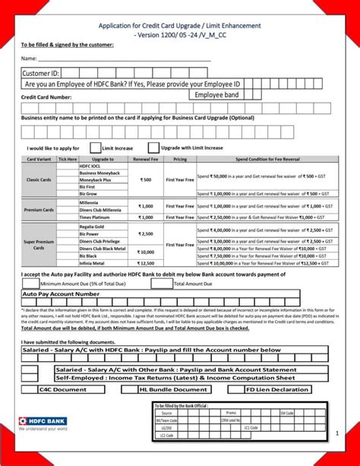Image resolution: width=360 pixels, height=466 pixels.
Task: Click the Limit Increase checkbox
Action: click(96, 147)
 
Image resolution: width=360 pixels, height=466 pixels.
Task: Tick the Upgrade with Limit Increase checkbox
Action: click(153, 147)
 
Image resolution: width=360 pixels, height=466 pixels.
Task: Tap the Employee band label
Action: click(216, 95)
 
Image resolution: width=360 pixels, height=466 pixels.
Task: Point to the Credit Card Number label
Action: click(46, 97)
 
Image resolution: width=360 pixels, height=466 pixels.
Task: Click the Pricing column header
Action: click(180, 160)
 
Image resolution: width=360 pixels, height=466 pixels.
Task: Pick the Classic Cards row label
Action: click(38, 179)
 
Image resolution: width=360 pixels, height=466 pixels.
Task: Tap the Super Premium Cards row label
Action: click(38, 244)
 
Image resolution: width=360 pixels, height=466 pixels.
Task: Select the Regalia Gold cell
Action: click(92, 227)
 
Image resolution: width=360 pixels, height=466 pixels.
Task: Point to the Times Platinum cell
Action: click(94, 217)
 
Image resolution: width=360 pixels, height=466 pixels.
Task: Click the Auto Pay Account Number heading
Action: click(62, 293)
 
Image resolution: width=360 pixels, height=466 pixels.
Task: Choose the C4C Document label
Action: click(63, 389)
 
